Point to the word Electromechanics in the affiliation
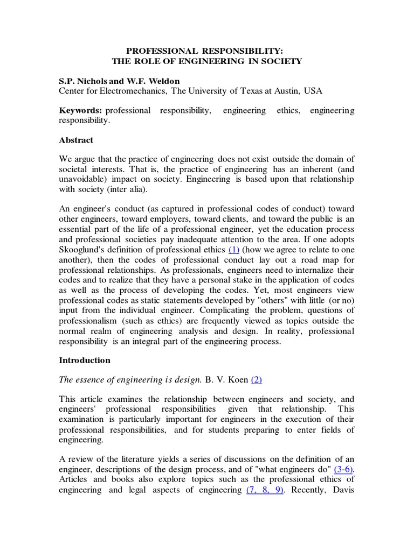[x=133, y=91]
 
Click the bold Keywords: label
[x=80, y=110]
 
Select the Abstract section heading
[x=76, y=140]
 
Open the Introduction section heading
[x=85, y=360]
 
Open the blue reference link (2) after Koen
[x=256, y=379]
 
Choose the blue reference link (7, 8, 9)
[x=265, y=490]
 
